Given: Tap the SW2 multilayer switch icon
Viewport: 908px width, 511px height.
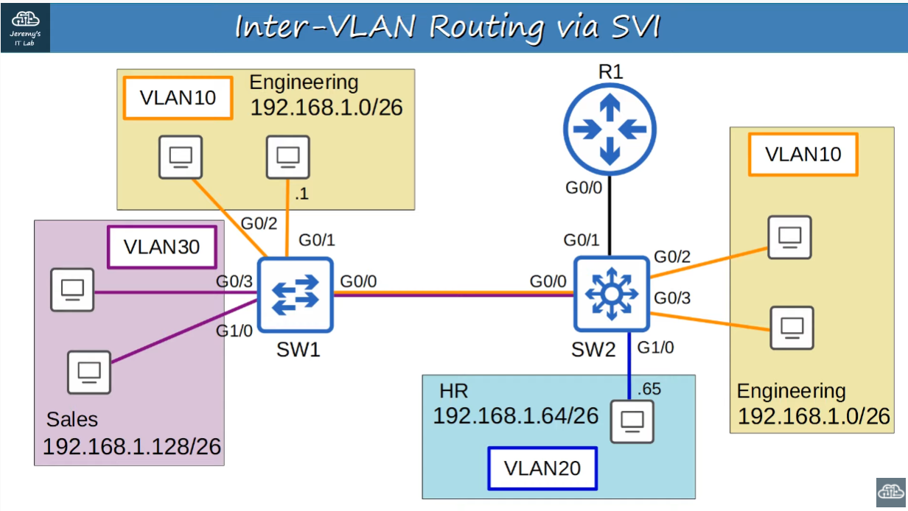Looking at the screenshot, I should tap(611, 294).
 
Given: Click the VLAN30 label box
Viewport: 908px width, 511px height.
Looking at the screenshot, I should tap(161, 247).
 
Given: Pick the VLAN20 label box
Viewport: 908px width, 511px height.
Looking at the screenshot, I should tap(542, 468).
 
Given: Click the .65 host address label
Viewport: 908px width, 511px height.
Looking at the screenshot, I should tap(649, 389).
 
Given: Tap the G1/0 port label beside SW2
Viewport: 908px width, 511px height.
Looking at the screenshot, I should tap(656, 348).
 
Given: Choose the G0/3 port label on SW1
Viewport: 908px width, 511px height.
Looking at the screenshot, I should tap(234, 281).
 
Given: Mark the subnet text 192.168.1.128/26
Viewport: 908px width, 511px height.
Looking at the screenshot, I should tap(132, 446).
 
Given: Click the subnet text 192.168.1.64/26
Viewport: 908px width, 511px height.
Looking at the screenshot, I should tap(515, 416).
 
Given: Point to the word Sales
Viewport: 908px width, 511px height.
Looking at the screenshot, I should tap(72, 420).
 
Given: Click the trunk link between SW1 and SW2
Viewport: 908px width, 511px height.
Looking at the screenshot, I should tap(453, 295).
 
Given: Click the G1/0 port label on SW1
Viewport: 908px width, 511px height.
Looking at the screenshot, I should tap(235, 331).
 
